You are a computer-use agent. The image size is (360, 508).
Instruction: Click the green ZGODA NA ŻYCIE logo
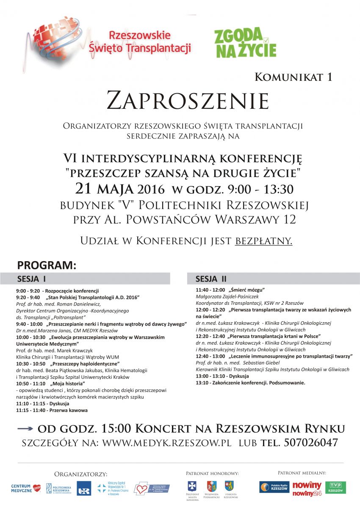(245, 43)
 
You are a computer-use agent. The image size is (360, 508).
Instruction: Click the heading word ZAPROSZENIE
(188, 101)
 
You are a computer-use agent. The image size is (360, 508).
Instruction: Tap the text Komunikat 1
(293, 77)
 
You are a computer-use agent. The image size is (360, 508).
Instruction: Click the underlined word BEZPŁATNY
(263, 241)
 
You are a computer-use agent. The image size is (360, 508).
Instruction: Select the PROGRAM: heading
(47, 265)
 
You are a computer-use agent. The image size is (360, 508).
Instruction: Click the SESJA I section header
(32, 279)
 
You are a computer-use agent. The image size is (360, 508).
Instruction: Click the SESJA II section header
(211, 279)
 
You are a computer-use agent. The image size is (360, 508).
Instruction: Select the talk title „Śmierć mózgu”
(246, 290)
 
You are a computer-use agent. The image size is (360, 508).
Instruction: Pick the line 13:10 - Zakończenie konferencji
(250, 383)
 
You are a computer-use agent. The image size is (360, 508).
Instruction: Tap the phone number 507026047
(311, 443)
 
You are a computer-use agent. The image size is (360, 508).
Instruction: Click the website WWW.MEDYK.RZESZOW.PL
(167, 443)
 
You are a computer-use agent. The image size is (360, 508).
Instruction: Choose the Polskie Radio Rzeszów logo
(274, 487)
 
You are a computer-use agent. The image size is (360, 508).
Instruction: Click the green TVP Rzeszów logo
(335, 487)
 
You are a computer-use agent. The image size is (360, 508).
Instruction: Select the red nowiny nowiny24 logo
(307, 488)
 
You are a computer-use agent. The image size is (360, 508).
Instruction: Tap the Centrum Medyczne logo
(26, 489)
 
